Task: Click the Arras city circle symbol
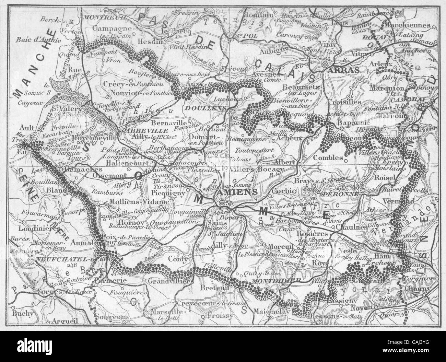click(324, 64)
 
